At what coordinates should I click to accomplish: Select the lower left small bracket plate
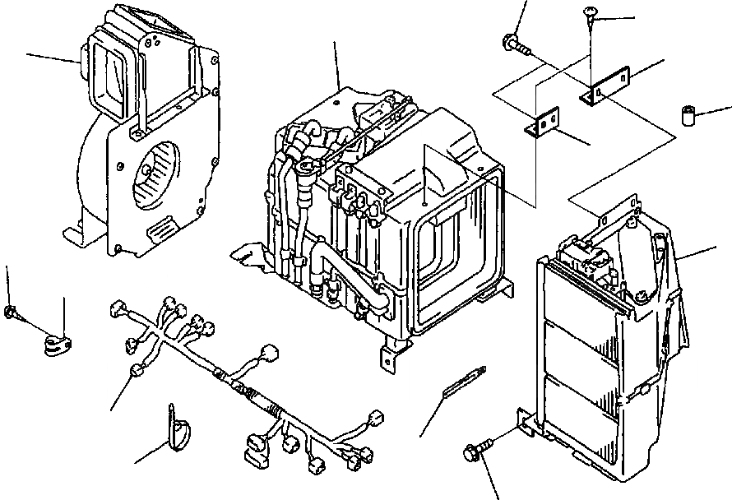pos(541,125)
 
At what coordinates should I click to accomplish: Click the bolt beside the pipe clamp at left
pos(13,312)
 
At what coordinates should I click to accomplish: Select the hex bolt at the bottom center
pos(475,451)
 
